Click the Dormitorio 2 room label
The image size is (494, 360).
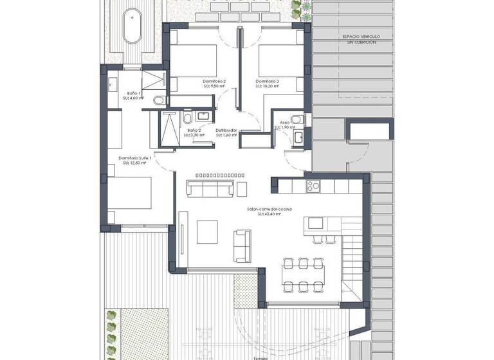coord(215,82)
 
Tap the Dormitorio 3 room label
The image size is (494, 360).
coord(267,82)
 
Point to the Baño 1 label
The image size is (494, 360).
coord(134,94)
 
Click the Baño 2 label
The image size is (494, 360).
coord(194,130)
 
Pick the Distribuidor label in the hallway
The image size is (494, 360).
coord(226,130)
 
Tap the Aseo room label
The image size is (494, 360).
coord(284,122)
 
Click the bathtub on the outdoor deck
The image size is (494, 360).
coord(133,26)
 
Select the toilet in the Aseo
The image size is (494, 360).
coord(296,119)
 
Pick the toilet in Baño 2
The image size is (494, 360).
coord(187,119)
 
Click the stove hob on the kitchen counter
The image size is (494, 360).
coord(313,186)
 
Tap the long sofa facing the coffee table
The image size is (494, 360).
coord(209,188)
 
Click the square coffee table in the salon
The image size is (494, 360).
coord(207,230)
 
